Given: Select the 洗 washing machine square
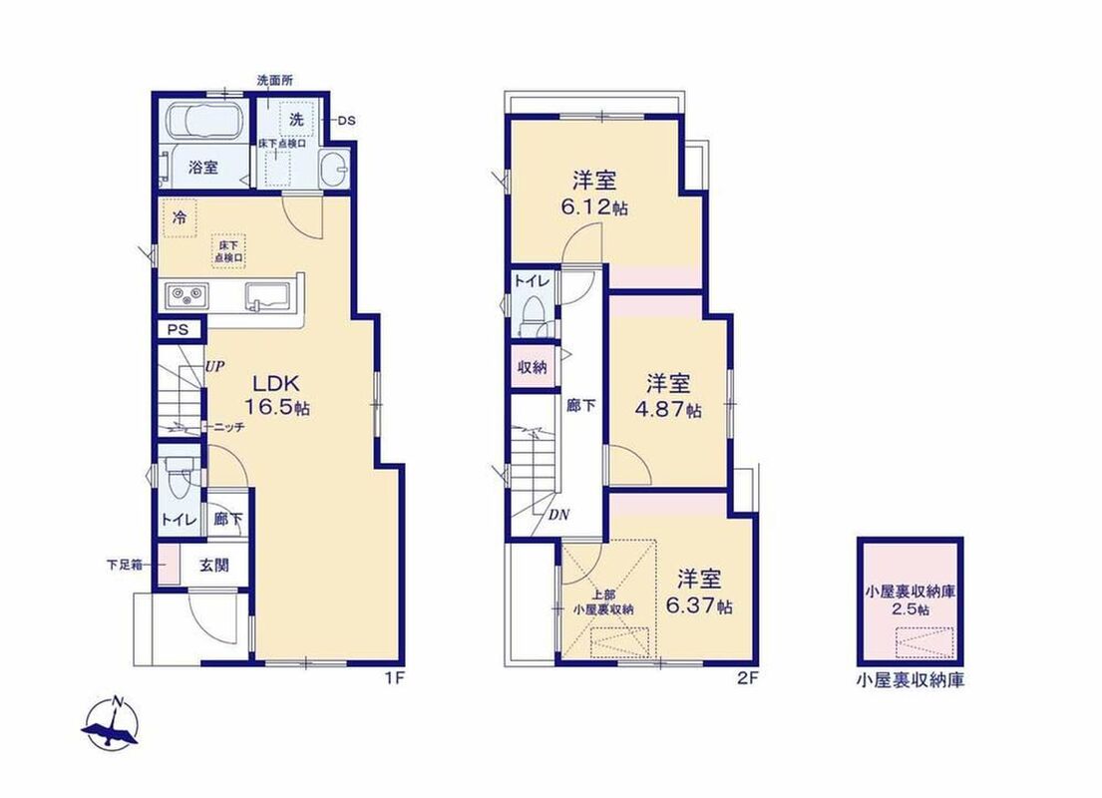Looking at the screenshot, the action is [x=296, y=120].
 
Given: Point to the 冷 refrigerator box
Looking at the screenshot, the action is [x=180, y=218].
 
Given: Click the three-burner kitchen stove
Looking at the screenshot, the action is [x=186, y=295].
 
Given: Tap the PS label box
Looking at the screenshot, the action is [x=179, y=329].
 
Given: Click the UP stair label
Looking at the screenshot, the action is [x=215, y=366].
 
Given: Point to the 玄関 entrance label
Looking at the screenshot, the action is [x=213, y=566].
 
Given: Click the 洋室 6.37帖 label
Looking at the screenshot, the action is [x=699, y=592].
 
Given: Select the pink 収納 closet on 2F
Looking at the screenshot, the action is [x=533, y=366].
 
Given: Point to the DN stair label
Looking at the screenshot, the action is [x=558, y=515].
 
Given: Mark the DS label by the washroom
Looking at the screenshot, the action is [x=346, y=121].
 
